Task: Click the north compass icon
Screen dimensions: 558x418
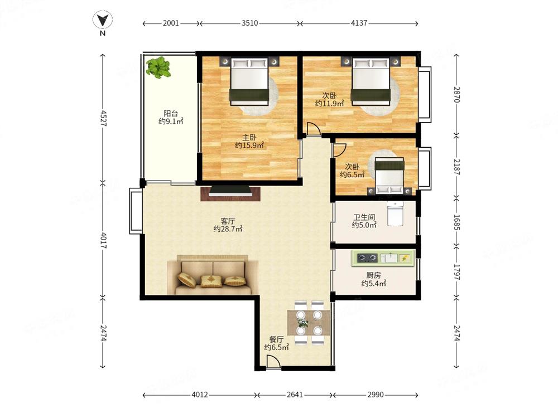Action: click(x=103, y=20)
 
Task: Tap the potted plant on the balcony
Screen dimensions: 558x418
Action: click(x=158, y=67)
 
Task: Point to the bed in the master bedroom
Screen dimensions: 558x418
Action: click(x=249, y=82)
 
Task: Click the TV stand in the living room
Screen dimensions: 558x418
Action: click(x=230, y=193)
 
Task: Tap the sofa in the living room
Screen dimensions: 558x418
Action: click(x=213, y=275)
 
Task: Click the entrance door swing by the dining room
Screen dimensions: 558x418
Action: click(x=273, y=363)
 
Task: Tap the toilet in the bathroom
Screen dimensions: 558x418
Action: click(x=395, y=213)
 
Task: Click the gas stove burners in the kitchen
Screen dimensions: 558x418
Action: click(x=367, y=257)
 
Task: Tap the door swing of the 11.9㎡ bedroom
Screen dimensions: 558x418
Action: click(x=313, y=129)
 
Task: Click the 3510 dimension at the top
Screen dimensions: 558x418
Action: click(x=250, y=23)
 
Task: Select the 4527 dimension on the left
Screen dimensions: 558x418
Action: click(x=103, y=118)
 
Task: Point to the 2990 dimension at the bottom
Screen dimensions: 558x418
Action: click(x=376, y=395)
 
